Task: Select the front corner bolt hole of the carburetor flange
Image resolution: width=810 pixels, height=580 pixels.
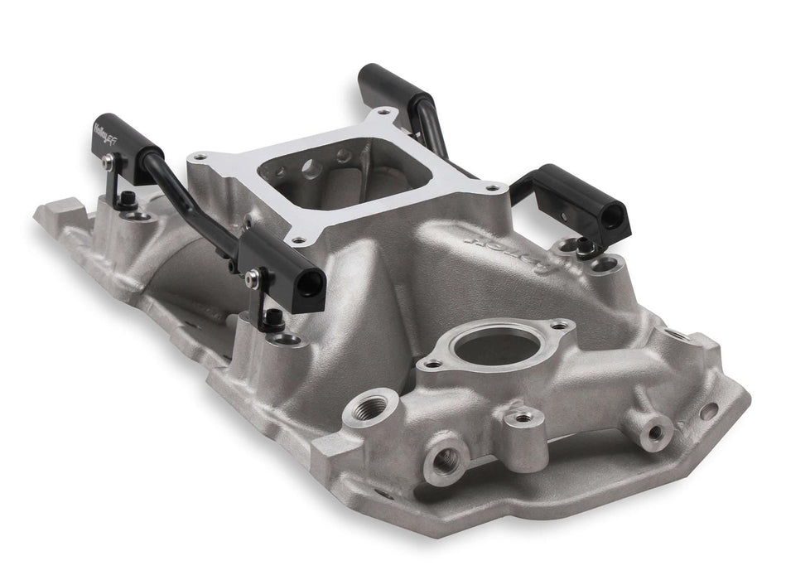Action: pyautogui.click(x=297, y=239)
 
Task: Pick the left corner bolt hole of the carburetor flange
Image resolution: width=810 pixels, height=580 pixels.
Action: pyautogui.click(x=197, y=156)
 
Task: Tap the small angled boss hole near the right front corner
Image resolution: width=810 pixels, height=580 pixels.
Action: pyautogui.click(x=654, y=430)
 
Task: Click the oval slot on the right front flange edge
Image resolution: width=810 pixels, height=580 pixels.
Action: pyautogui.click(x=709, y=410)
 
